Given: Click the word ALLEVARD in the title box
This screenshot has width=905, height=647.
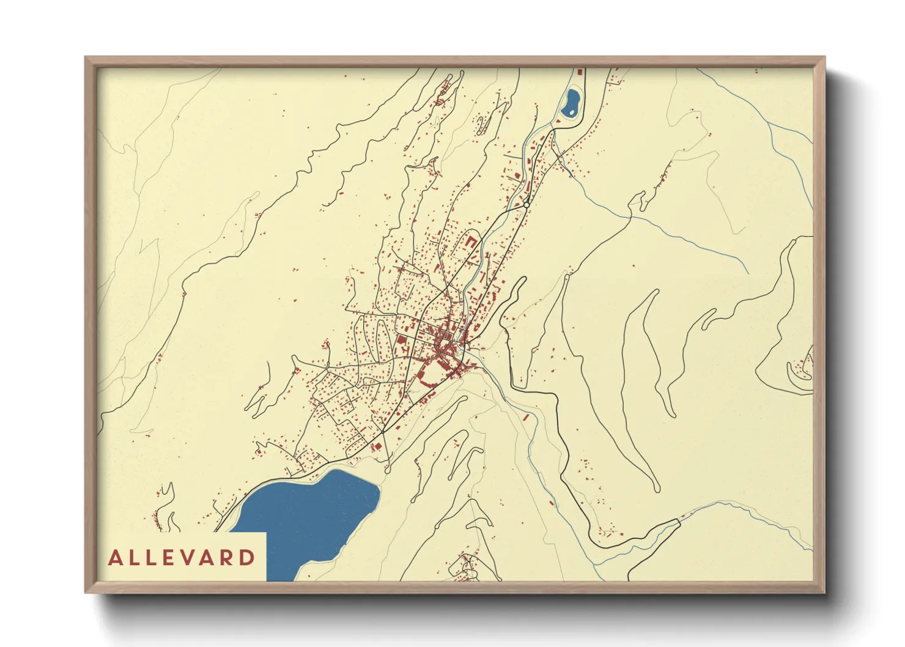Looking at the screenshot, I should click(182, 558).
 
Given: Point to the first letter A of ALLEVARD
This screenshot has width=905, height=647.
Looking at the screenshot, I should click(115, 558).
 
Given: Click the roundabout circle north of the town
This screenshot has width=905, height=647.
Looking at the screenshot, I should click(526, 205).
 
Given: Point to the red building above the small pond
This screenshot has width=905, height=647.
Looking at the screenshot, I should click(580, 71).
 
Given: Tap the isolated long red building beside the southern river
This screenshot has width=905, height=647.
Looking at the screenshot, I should click(525, 417).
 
